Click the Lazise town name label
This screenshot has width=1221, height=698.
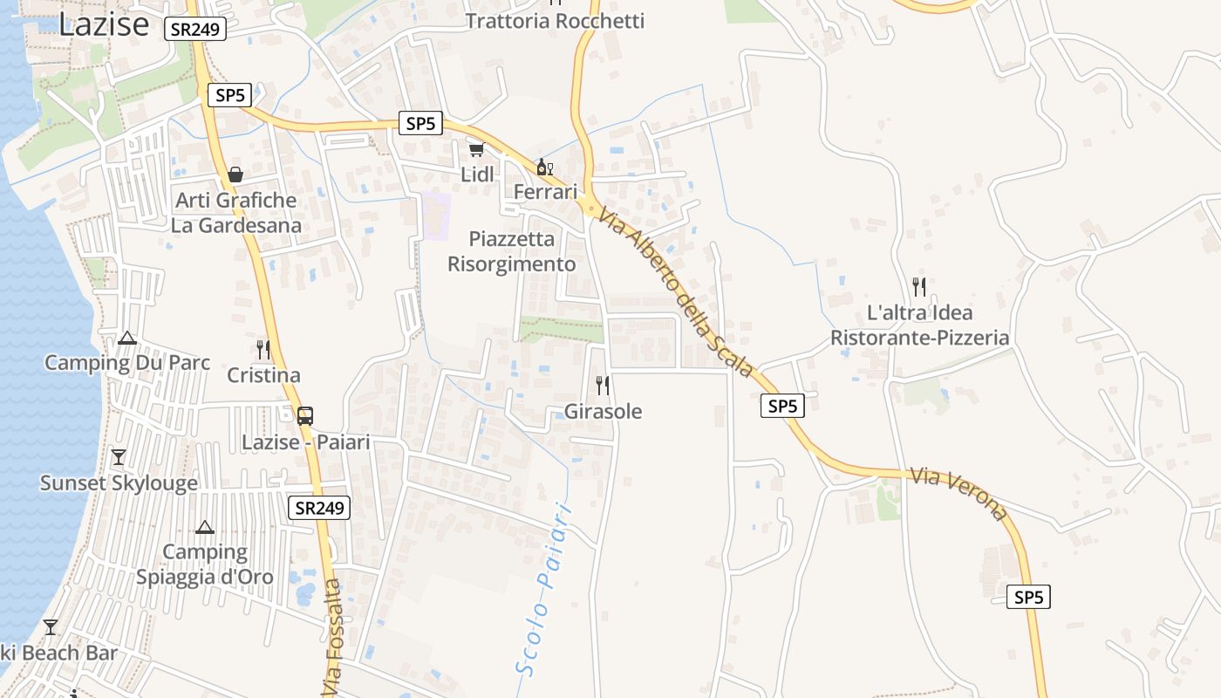(x=104, y=24)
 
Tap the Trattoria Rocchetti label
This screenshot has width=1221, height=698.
(x=555, y=21)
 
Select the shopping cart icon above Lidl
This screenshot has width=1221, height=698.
(x=476, y=150)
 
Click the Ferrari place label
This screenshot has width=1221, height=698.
(x=546, y=191)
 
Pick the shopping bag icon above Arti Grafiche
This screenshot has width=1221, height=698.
(x=235, y=174)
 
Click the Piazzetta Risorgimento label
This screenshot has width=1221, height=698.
(x=512, y=251)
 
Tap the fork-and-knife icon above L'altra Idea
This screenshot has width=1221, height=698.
(x=919, y=286)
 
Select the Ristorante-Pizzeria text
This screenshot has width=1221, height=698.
(x=919, y=338)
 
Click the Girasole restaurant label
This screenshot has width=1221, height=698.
(x=603, y=411)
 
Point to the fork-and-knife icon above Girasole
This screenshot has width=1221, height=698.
(x=602, y=385)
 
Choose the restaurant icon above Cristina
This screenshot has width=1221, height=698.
(x=263, y=350)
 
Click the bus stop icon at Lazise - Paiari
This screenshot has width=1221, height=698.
(x=304, y=416)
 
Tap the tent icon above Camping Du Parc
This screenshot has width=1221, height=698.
(x=127, y=338)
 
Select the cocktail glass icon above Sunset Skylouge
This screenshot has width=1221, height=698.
(x=119, y=457)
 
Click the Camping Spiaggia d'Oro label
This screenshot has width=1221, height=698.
(x=205, y=565)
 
